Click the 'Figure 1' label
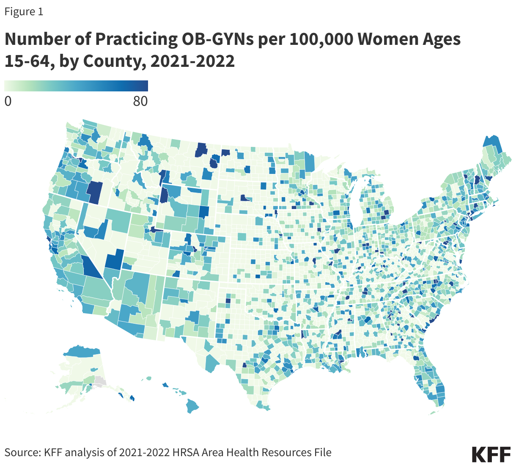tap(24, 12)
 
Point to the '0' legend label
tap(8, 102)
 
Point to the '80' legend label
tap(140, 102)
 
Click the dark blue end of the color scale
tap(144, 86)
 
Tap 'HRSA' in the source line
tap(186, 452)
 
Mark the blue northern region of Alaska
tap(82, 351)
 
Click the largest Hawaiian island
tap(192, 407)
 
